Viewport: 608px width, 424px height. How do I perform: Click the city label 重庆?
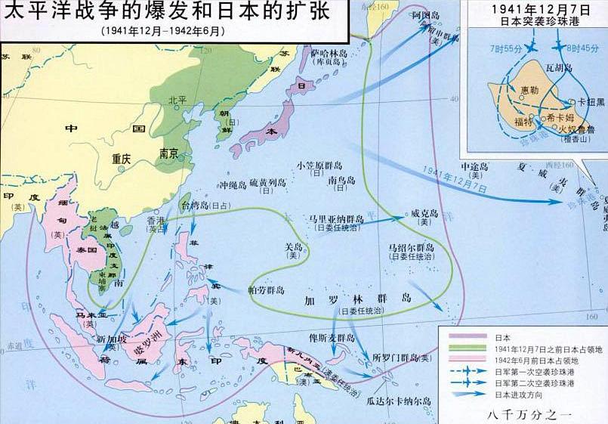click(122, 159)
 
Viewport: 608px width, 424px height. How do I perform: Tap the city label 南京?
click(168, 154)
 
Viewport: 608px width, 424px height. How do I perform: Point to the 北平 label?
click(177, 100)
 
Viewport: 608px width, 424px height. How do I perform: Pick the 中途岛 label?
click(474, 165)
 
